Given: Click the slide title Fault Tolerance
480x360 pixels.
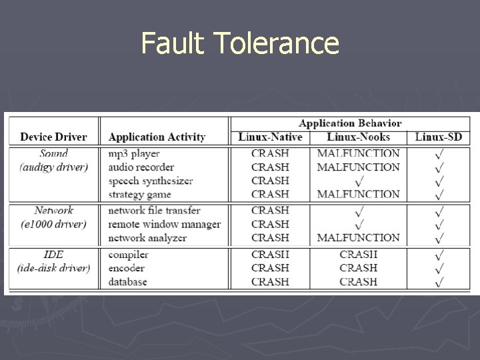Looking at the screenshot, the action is [x=240, y=45].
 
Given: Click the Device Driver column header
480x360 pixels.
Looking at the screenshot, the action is [x=53, y=137].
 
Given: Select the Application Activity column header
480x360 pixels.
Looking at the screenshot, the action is [x=157, y=137].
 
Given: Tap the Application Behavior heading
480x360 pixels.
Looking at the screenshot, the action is [x=350, y=123].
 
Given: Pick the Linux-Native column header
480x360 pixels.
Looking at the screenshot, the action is [x=270, y=137].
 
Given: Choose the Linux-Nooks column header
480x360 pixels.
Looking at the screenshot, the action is [x=358, y=137].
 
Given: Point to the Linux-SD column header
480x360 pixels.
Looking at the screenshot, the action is [x=439, y=137].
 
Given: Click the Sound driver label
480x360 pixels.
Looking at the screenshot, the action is [x=53, y=153].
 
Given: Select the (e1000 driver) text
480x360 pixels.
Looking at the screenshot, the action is [x=53, y=224].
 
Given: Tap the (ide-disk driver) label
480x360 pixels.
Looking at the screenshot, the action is [x=53, y=268].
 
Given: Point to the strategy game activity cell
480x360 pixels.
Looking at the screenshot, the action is [x=139, y=195].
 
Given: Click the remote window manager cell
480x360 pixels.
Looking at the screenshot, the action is [x=164, y=224].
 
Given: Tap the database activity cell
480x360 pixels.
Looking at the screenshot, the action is [x=128, y=281].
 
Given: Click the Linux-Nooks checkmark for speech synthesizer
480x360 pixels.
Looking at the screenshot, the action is [x=359, y=181].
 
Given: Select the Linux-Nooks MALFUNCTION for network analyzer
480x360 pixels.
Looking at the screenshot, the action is [x=359, y=237].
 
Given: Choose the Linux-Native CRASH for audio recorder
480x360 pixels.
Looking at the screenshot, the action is [x=270, y=167].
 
